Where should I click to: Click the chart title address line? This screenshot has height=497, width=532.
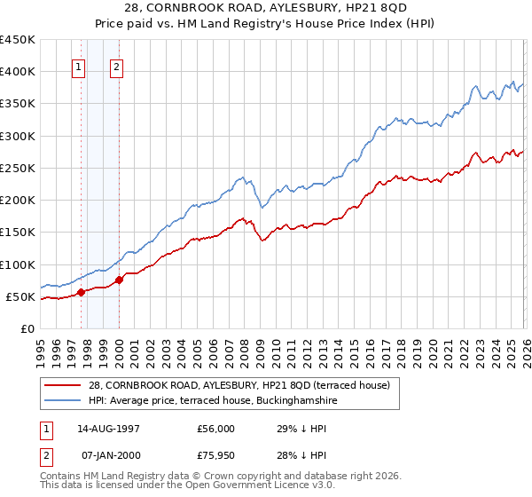point(286,8)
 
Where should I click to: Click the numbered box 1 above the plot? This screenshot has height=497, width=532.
point(79,66)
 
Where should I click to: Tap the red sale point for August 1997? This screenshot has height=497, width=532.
point(81,292)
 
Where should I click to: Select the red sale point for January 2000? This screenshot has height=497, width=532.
point(119,280)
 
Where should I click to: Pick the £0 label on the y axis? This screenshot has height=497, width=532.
point(26,328)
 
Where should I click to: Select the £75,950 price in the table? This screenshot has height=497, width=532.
point(216,455)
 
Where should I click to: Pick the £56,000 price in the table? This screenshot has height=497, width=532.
point(216,428)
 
